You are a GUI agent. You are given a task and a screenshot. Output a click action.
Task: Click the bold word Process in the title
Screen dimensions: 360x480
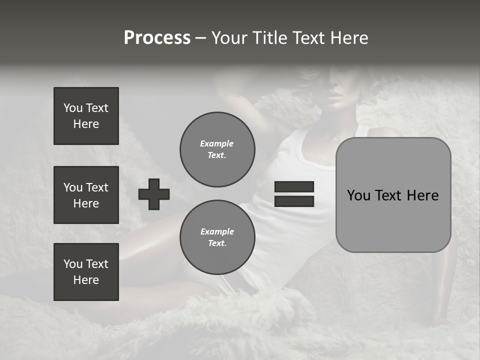pyautogui.click(x=157, y=38)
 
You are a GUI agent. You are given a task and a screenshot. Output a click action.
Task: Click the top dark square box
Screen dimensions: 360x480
pyautogui.click(x=86, y=116)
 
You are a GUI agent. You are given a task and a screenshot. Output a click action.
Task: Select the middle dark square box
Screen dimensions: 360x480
pyautogui.click(x=86, y=195)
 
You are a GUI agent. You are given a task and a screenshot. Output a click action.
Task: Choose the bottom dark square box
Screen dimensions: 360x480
pyautogui.click(x=86, y=272)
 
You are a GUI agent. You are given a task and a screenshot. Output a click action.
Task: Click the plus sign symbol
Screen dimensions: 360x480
pyautogui.click(x=154, y=194)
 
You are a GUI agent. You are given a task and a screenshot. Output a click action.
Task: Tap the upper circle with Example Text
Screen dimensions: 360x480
pyautogui.click(x=217, y=149)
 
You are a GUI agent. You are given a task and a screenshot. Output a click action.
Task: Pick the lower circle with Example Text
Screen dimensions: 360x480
pyautogui.click(x=217, y=237)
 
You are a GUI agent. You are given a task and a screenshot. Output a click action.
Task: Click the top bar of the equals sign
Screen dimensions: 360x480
pyautogui.click(x=294, y=186)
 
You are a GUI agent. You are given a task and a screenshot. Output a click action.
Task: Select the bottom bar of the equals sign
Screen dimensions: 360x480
pyautogui.click(x=294, y=201)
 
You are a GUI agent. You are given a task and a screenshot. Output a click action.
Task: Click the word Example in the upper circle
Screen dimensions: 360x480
pyautogui.click(x=217, y=143)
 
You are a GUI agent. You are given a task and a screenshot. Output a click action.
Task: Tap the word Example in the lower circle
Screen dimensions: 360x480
pyautogui.click(x=217, y=231)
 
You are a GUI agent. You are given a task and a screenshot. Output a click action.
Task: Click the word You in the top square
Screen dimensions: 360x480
pyautogui.click(x=72, y=108)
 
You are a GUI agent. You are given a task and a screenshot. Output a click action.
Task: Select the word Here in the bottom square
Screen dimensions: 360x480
pyautogui.click(x=86, y=280)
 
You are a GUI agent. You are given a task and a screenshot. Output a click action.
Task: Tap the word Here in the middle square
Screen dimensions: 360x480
pyautogui.click(x=86, y=203)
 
